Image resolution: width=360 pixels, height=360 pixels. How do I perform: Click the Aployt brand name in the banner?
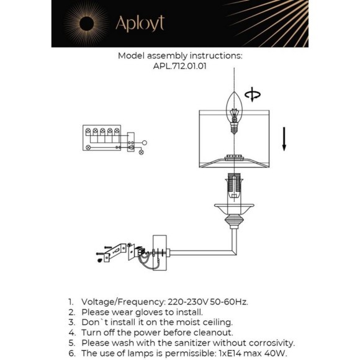click(x=140, y=24)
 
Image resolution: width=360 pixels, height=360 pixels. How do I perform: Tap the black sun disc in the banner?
click(x=86, y=24)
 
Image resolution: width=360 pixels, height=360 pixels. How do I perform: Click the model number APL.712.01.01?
click(x=180, y=66)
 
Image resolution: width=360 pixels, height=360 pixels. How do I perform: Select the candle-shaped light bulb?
click(x=234, y=112)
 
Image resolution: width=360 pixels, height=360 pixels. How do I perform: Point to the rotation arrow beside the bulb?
click(x=253, y=94)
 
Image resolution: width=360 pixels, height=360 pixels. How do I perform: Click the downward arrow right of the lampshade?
click(x=284, y=139)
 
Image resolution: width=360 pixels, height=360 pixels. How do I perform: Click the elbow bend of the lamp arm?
click(x=234, y=252)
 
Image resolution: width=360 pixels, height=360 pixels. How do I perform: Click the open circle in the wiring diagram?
click(x=145, y=143)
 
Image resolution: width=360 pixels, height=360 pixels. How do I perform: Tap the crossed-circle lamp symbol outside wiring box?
click(x=142, y=152)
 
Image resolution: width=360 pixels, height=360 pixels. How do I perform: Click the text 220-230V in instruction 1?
click(x=188, y=302)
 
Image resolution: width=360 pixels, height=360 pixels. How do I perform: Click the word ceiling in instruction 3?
click(x=217, y=322)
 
